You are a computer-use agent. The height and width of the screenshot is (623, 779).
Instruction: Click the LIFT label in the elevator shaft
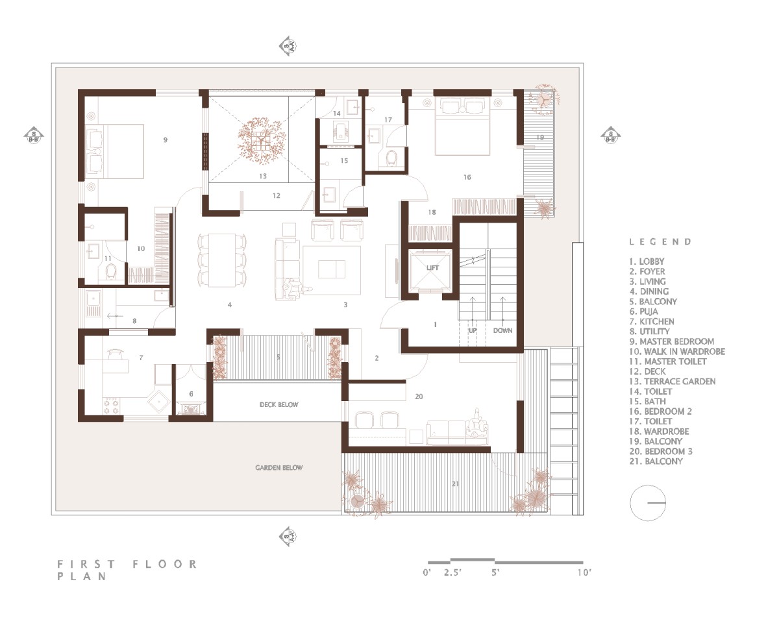coord(432,267)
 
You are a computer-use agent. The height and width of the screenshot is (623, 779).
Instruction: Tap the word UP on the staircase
coord(473,330)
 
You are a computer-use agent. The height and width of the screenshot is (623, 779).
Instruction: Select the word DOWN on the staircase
coord(502,330)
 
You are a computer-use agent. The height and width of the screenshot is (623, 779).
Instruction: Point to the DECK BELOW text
coord(278,404)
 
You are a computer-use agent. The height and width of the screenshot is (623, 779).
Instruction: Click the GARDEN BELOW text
coord(278,467)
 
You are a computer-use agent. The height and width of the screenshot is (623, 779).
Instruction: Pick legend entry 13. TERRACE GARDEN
coord(673,381)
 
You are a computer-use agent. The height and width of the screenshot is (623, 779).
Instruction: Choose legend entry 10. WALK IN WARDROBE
coord(677,351)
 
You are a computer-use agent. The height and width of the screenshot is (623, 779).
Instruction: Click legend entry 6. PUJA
coord(643,311)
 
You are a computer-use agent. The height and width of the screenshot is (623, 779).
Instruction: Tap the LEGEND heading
coord(661,242)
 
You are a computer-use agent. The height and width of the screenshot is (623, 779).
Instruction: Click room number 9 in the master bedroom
coord(165,140)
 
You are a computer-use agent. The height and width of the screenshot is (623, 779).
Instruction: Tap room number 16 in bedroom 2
coord(467,177)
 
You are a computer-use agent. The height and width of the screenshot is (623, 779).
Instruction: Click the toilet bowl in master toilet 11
coord(112,271)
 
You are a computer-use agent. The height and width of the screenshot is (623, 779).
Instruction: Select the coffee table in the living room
coord(332,269)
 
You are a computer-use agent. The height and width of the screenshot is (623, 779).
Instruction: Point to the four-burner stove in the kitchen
coord(111,406)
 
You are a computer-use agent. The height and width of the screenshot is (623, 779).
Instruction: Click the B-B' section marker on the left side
coord(34,136)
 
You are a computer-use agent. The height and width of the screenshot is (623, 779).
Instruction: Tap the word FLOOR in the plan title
coord(165,564)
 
